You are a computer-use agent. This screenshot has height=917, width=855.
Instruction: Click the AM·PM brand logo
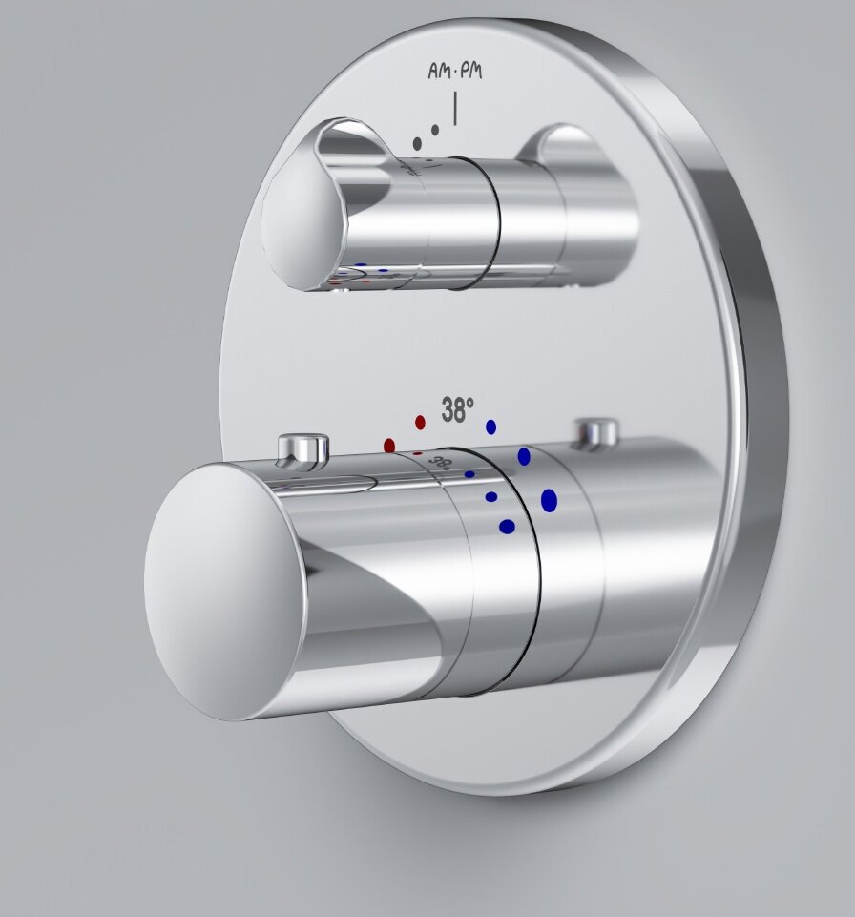(455, 72)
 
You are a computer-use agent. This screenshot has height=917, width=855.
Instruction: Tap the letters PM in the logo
(471, 72)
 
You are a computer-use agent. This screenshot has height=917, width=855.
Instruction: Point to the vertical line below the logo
(455, 108)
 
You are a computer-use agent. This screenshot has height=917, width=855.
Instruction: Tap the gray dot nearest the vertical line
(435, 129)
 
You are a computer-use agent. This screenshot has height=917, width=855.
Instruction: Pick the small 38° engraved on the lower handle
(440, 463)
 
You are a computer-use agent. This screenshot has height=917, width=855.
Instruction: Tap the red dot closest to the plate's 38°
(420, 422)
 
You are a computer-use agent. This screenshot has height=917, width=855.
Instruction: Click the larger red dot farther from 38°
(389, 446)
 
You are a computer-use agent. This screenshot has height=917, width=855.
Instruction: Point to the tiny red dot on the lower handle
(417, 453)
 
